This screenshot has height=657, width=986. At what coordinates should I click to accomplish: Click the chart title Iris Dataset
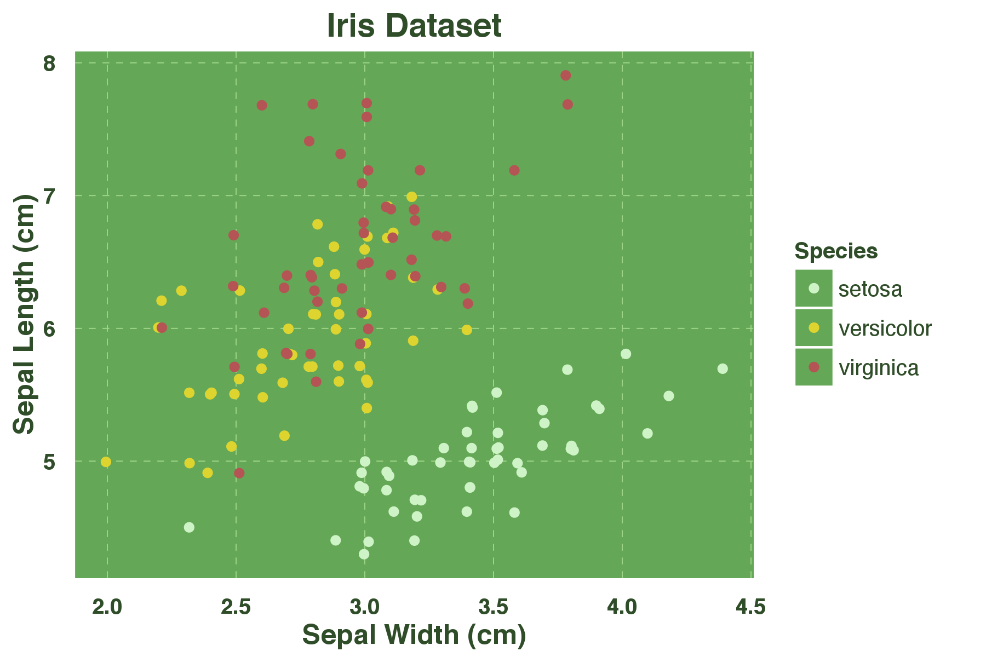pyautogui.click(x=414, y=26)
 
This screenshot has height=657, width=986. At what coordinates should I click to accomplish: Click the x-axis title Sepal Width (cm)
pyautogui.click(x=414, y=635)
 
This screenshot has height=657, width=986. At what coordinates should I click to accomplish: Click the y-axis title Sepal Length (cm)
pyautogui.click(x=24, y=314)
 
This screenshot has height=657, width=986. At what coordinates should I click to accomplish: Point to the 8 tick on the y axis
pyautogui.click(x=49, y=64)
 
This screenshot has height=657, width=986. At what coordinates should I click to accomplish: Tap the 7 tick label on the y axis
pyautogui.click(x=49, y=196)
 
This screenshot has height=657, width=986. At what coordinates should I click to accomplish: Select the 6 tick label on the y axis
pyautogui.click(x=49, y=328)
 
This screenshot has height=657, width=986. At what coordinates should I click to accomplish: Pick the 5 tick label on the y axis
pyautogui.click(x=49, y=461)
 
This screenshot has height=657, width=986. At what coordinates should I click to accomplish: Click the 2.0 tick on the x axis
pyautogui.click(x=107, y=607)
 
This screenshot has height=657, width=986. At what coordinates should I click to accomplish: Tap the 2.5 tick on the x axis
pyautogui.click(x=236, y=607)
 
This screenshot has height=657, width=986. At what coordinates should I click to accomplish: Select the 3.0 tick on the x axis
pyautogui.click(x=364, y=607)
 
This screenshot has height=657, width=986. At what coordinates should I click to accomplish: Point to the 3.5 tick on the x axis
pyautogui.click(x=493, y=607)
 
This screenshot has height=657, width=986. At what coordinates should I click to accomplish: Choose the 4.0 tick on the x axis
pyautogui.click(x=622, y=607)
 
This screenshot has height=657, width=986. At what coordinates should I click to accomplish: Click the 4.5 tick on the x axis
pyautogui.click(x=750, y=607)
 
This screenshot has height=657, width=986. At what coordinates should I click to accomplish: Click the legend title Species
pyautogui.click(x=836, y=251)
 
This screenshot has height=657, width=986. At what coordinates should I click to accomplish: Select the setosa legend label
pyautogui.click(x=870, y=289)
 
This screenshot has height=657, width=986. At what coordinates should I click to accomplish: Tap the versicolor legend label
pyautogui.click(x=885, y=328)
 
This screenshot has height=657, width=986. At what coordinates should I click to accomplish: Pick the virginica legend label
pyautogui.click(x=879, y=368)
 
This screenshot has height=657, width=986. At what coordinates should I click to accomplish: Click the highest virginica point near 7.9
pyautogui.click(x=566, y=76)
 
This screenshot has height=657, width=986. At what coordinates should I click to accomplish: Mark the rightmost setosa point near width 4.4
pyautogui.click(x=723, y=369)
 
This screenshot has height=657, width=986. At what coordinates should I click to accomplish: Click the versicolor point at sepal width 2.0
pyautogui.click(x=106, y=462)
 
